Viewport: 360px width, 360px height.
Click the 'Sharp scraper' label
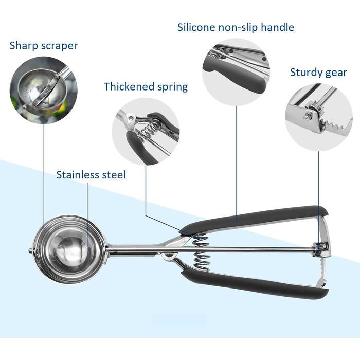tap(44, 46)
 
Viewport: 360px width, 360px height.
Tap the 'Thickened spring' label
tap(146, 87)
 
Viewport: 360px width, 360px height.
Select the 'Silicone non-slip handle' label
tap(236, 27)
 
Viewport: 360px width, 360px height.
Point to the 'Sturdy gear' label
tap(318, 73)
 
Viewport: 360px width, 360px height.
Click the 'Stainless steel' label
tap(91, 175)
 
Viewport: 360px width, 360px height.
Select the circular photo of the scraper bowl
tap(44, 90)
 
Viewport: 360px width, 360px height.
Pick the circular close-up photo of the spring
tap(146, 131)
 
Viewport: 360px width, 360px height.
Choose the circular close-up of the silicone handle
tap(236, 73)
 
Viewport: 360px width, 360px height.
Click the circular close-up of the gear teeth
tap(319, 117)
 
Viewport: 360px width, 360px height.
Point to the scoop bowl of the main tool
tap(69, 249)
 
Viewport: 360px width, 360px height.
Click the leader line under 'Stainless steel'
tap(87, 215)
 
